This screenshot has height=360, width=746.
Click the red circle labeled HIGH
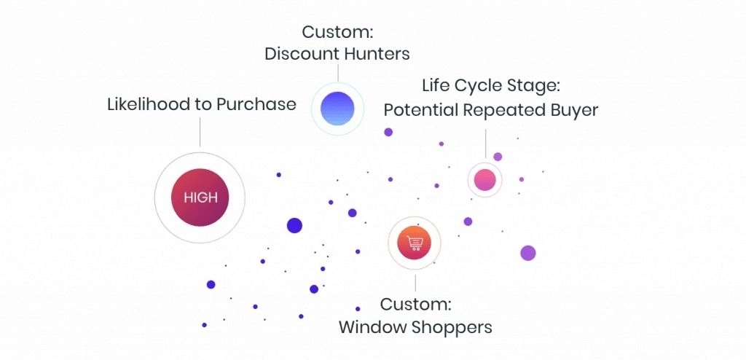(200, 197)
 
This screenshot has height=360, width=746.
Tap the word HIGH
(200, 197)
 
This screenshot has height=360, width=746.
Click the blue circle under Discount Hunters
(337, 109)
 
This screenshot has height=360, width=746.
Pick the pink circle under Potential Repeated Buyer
(484, 180)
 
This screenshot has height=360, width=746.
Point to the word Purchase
(256, 103)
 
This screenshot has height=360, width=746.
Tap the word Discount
(302, 54)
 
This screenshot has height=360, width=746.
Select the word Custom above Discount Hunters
(337, 32)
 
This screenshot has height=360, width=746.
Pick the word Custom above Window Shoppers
(415, 304)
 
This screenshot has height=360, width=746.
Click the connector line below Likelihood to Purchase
(200, 132)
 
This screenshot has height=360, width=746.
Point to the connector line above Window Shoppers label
(415, 283)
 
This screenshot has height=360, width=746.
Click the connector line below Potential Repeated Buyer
(485, 142)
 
